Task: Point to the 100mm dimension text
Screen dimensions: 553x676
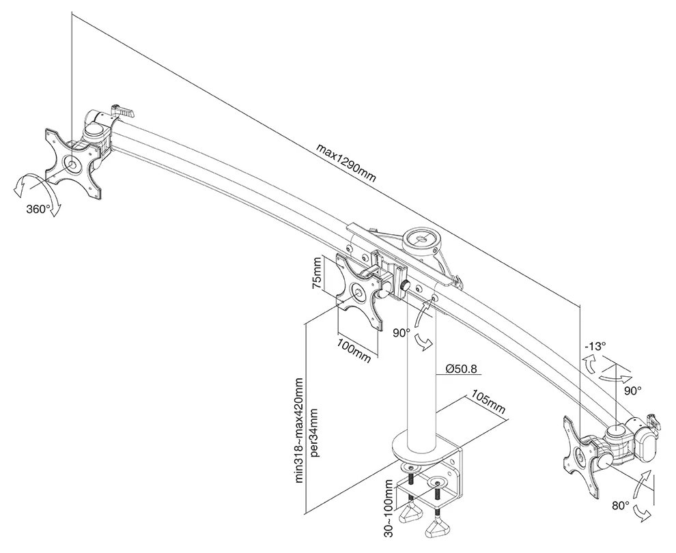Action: point(354,350)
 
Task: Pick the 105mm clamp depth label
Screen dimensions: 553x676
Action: point(488,406)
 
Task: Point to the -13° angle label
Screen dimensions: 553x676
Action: point(595,346)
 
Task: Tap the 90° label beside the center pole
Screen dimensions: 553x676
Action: point(401,333)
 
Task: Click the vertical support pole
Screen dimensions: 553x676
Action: point(421,382)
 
